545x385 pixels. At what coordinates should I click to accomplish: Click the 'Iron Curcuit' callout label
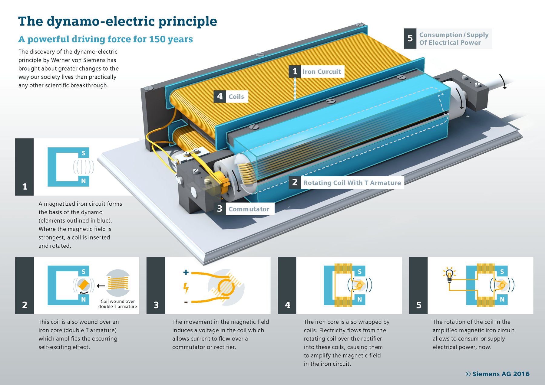(322, 72)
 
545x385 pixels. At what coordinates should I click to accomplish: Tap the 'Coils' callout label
(236, 97)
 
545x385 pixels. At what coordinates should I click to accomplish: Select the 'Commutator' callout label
(249, 209)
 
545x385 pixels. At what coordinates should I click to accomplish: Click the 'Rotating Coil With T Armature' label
(352, 183)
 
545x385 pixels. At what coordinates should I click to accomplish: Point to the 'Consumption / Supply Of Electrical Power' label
(454, 39)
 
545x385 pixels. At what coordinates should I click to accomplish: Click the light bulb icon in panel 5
(449, 275)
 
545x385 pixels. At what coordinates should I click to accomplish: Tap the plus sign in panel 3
(186, 272)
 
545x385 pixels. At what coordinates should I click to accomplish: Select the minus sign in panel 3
(186, 302)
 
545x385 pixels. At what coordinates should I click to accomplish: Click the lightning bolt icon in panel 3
(186, 288)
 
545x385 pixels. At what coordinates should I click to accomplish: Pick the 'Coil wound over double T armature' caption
(117, 304)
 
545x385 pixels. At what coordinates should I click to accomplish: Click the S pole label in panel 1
(84, 153)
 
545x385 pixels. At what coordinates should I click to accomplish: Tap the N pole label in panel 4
(359, 299)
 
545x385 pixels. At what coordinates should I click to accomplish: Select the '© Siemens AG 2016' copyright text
(497, 374)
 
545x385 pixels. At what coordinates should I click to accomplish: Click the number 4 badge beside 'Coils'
(220, 96)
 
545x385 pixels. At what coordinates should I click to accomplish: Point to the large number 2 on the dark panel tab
(25, 305)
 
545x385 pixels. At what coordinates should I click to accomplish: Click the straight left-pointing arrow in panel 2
(101, 286)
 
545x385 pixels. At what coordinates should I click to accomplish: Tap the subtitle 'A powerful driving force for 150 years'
(105, 39)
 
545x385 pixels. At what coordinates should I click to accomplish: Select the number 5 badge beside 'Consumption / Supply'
(410, 38)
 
